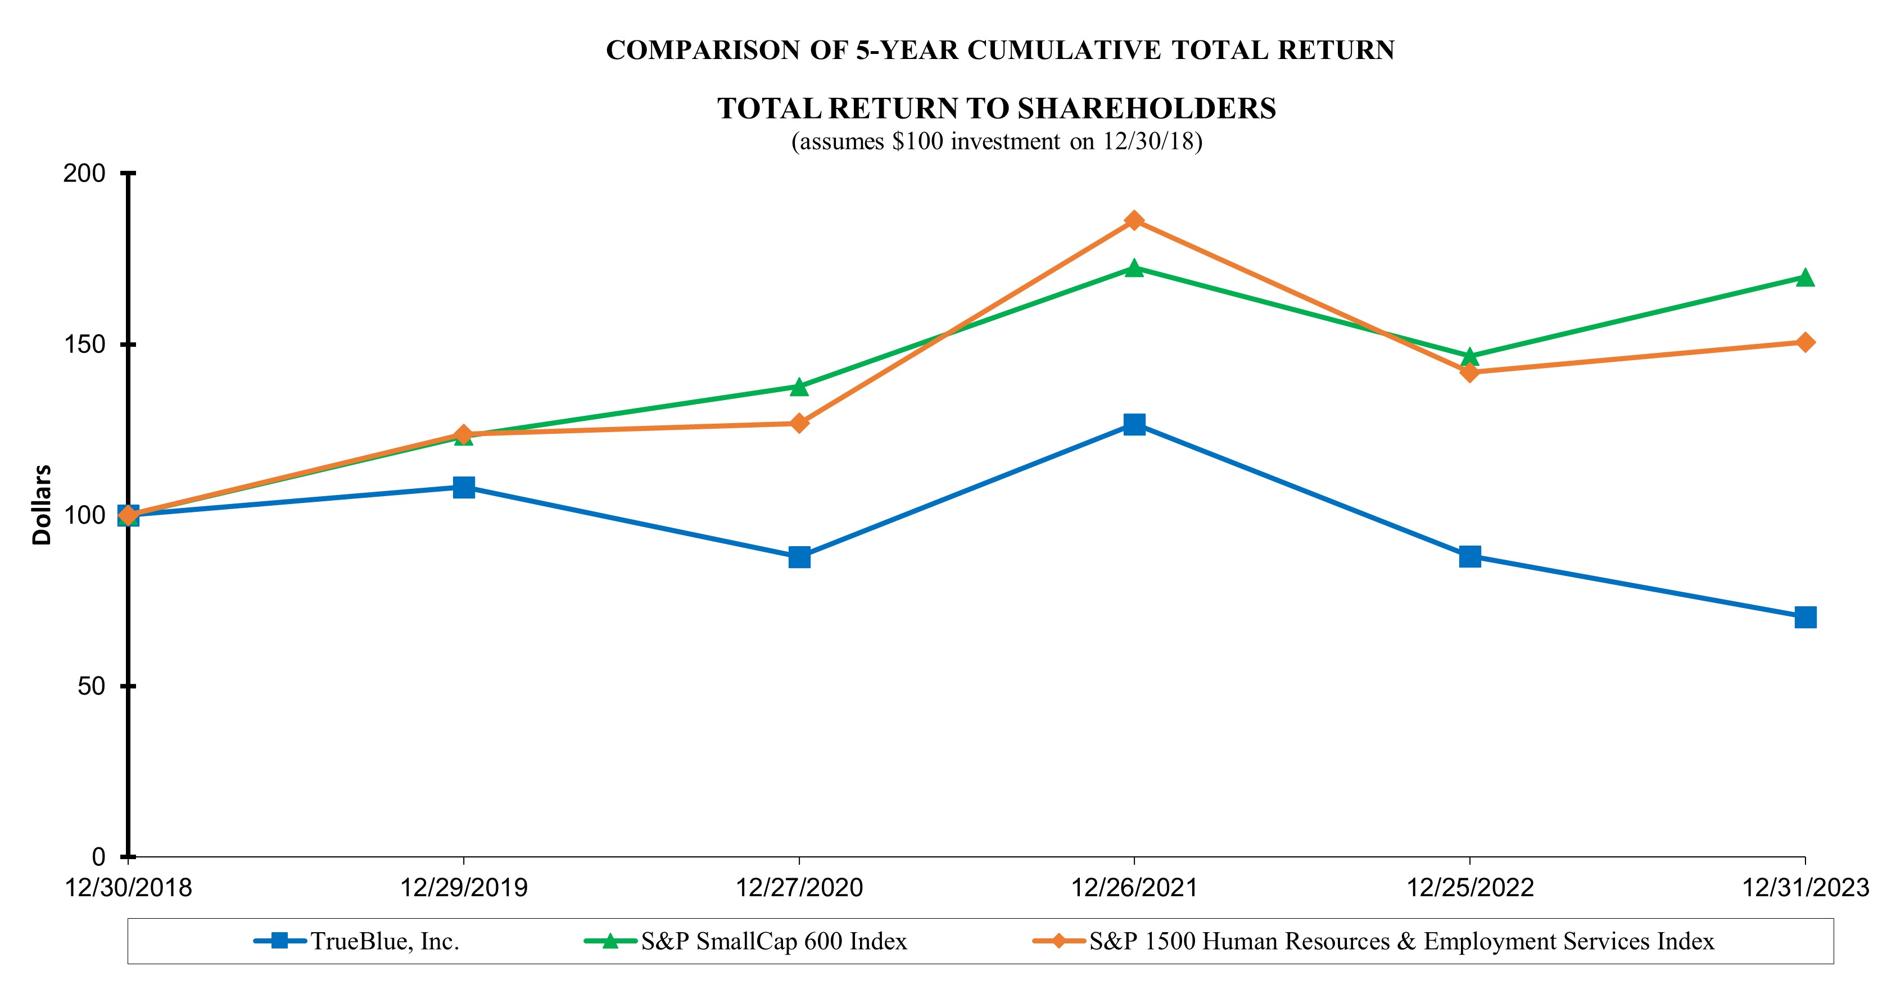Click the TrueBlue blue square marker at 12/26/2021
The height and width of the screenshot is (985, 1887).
coord(1134,424)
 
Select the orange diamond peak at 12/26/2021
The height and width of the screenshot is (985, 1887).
coord(1134,220)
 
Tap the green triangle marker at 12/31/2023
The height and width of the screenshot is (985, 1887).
coord(1805,278)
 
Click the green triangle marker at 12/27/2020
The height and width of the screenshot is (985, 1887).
coord(799,387)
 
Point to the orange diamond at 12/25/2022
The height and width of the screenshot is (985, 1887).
coord(1469,372)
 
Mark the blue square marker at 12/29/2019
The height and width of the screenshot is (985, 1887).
coord(464,487)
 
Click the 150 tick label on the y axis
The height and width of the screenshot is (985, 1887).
coord(85,344)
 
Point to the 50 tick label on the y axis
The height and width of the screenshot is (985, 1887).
coord(92,686)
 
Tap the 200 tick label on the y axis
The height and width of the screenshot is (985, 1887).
coord(85,174)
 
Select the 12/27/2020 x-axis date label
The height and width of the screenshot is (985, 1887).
coord(799,888)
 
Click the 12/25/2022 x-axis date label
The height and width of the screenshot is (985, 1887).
coord(1469,888)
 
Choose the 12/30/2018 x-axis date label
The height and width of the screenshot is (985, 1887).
coord(129,888)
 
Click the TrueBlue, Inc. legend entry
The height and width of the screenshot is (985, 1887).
coord(384,941)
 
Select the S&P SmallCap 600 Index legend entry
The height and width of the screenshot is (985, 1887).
coord(773,941)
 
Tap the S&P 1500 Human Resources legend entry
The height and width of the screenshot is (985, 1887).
coord(1401,941)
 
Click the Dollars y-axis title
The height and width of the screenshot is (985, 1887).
coord(42,505)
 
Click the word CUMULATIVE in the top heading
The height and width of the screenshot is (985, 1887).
coord(1064,50)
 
